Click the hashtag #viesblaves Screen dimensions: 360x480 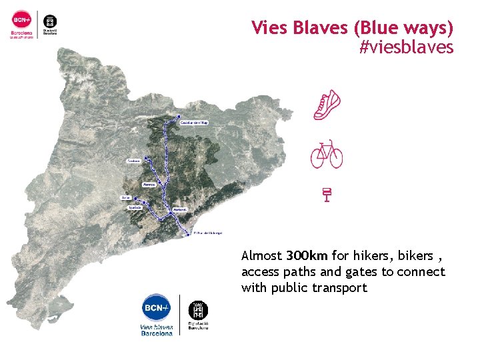pos(406,47)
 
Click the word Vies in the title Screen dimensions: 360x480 pos(267,28)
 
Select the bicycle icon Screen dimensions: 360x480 pos(327,154)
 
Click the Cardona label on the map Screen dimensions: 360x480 pos(133,161)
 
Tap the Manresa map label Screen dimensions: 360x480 pos(149,185)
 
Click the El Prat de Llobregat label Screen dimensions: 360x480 pos(207,233)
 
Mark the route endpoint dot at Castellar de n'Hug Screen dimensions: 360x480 pos(179,117)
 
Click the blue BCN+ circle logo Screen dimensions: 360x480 pos(157,308)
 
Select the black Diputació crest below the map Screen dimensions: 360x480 pos(198,309)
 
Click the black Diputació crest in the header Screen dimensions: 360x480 pos(49,20)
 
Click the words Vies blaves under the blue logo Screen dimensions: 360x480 pos(157,327)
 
